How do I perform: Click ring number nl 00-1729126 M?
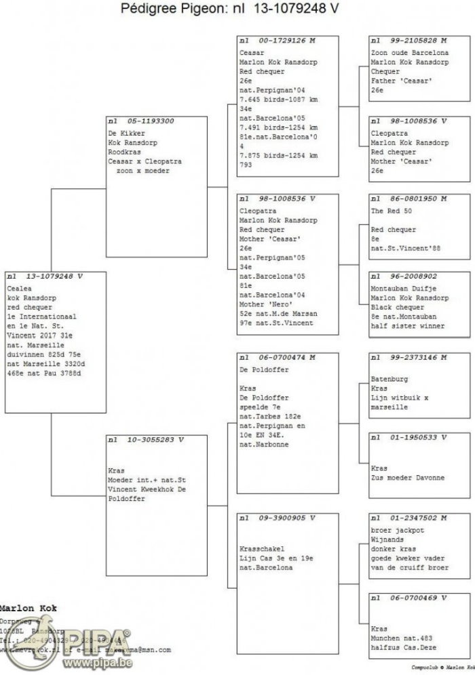coord(278,41)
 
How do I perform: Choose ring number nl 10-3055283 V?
coord(146,440)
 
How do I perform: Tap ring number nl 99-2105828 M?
coord(408,41)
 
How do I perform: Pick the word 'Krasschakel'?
coord(262,548)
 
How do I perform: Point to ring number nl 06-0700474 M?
coord(278,356)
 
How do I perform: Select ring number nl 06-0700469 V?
coord(408,598)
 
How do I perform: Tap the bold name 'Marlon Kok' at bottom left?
coord(27,609)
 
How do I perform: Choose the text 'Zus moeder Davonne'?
coord(408,478)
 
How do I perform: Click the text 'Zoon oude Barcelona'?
coord(409,53)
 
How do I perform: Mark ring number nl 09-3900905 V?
coord(278,518)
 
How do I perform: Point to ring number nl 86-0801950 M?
coord(408,199)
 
